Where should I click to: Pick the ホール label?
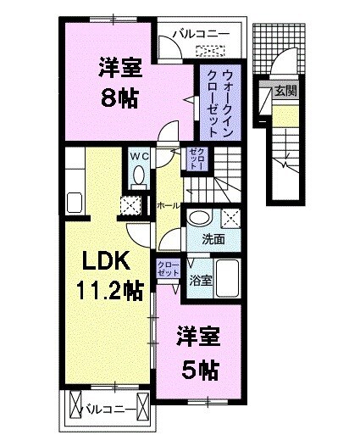(167, 204)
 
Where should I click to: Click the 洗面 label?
(213, 239)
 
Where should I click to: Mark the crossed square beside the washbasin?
(227, 216)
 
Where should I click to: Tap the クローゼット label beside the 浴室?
(167, 269)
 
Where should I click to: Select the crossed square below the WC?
(131, 204)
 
